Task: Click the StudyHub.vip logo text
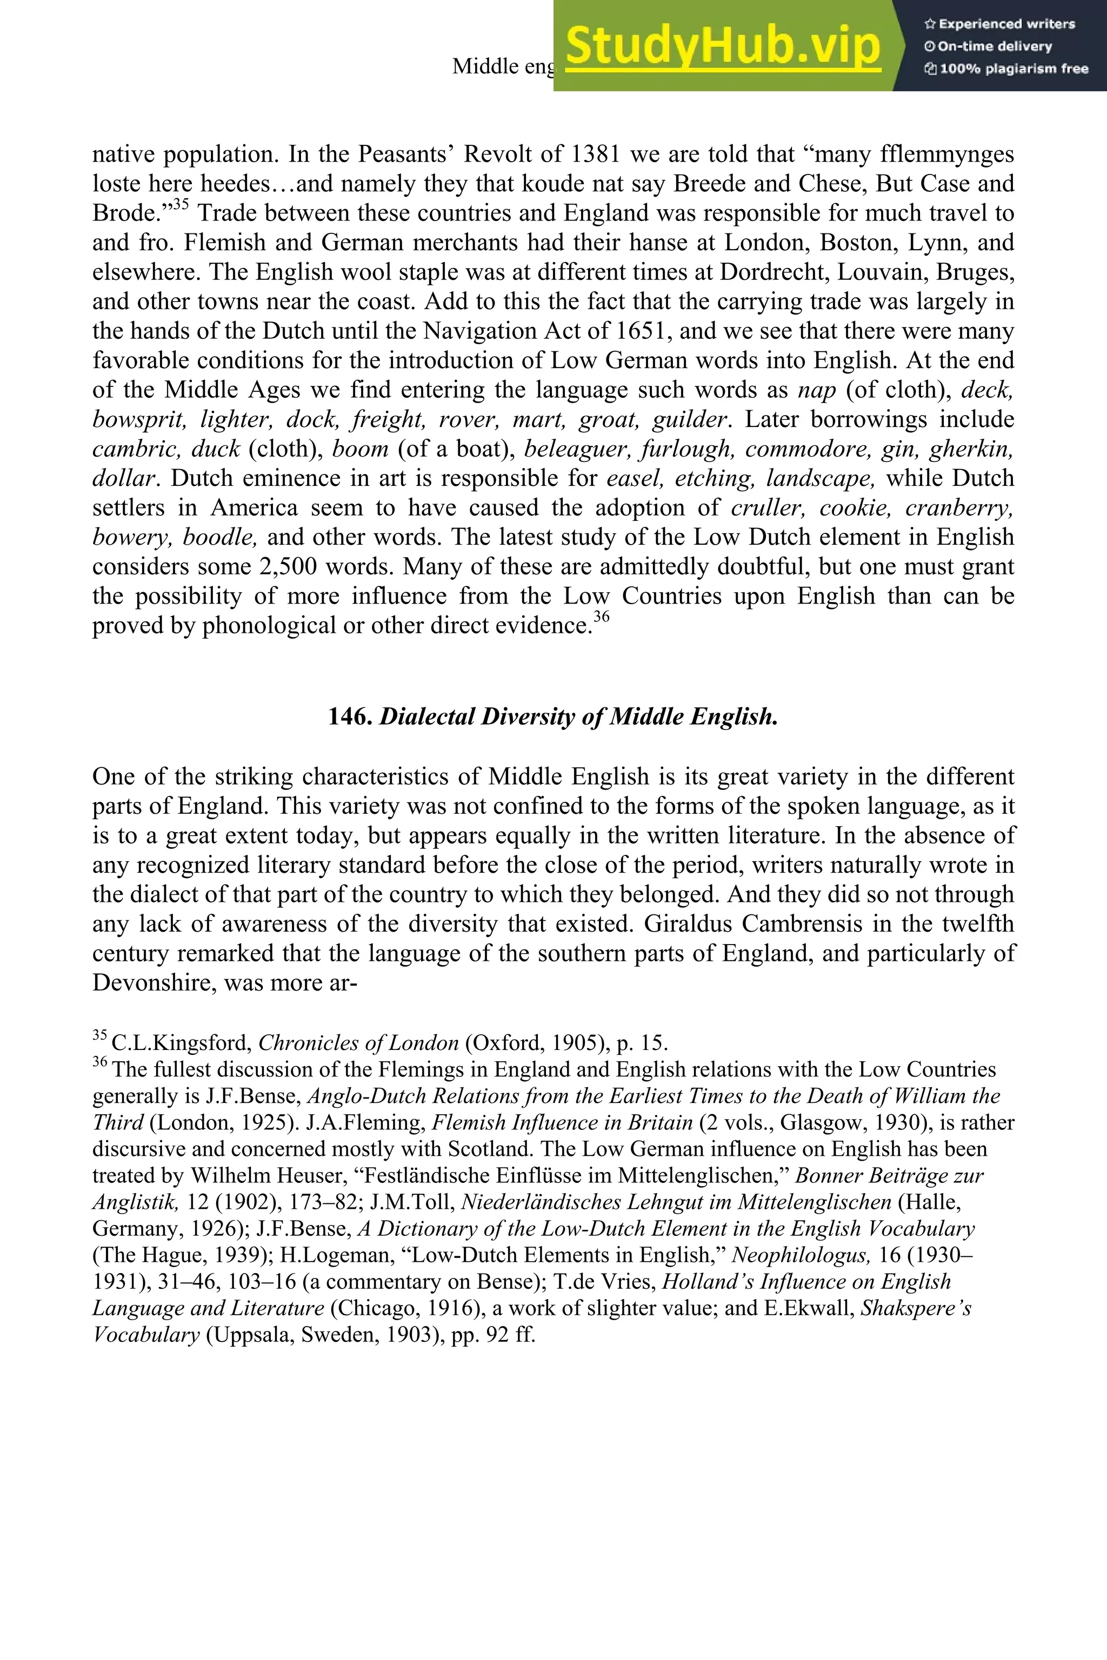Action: [x=722, y=45]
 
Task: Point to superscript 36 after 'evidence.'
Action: [x=601, y=618]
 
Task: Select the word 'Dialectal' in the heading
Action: [x=427, y=717]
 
